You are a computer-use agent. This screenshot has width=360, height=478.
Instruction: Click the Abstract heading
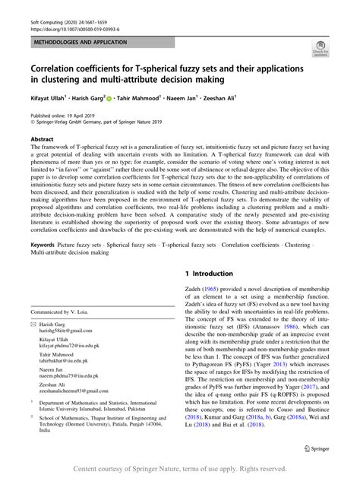click(x=42, y=140)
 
